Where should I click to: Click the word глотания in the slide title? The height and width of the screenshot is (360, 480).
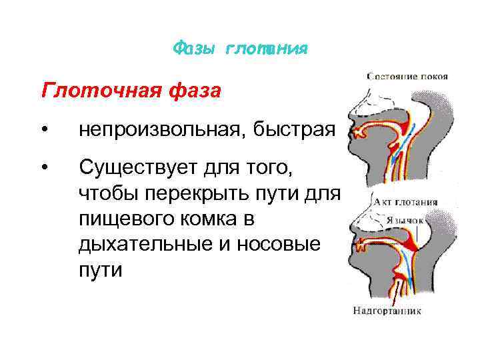267,49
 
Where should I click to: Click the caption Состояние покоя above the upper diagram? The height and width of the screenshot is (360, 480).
407,77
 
